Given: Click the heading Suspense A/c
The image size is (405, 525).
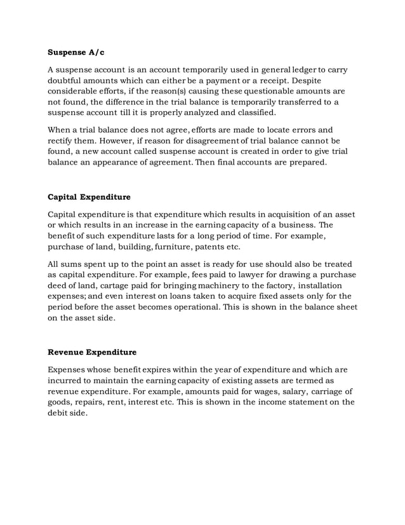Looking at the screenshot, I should pos(74,53).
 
